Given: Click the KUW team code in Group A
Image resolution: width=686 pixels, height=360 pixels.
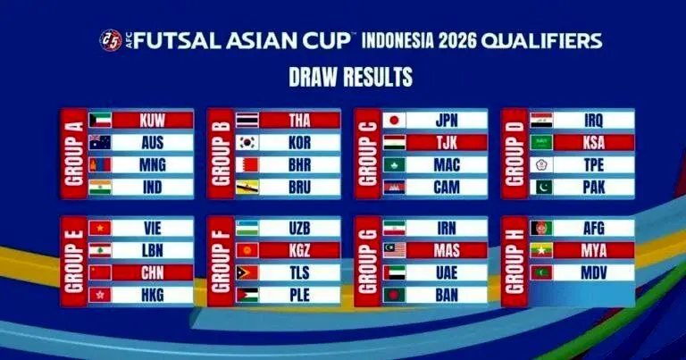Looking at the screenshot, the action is (152, 121).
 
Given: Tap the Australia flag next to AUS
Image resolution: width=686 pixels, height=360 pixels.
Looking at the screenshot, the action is (100, 143).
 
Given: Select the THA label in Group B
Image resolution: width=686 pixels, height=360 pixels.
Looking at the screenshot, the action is (299, 121).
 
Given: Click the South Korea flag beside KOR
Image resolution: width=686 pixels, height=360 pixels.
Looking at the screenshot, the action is (247, 143).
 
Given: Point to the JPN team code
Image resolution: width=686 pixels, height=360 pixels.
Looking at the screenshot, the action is (447, 121).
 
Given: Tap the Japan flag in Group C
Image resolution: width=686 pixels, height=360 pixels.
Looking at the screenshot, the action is (394, 121).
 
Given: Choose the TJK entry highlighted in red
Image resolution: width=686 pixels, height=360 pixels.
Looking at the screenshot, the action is (447, 143).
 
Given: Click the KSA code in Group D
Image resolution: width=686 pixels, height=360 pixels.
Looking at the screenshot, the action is (594, 143).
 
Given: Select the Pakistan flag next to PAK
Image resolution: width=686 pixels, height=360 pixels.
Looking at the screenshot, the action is (541, 188).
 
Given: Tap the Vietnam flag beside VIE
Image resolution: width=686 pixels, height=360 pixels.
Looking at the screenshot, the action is (100, 228).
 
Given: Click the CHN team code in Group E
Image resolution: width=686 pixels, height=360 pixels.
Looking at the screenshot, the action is (152, 273).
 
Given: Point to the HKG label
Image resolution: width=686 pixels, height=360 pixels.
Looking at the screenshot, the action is (152, 296).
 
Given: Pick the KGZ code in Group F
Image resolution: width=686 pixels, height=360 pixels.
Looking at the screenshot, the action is (299, 251).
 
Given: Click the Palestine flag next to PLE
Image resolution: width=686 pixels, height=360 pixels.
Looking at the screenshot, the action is (247, 296).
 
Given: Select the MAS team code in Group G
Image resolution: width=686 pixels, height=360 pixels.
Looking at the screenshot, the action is (447, 251).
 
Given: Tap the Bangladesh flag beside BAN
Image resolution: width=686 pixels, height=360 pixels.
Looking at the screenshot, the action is (394, 296).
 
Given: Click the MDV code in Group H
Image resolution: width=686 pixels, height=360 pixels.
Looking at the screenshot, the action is (594, 273).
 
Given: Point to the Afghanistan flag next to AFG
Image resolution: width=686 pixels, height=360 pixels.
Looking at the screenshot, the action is (541, 228).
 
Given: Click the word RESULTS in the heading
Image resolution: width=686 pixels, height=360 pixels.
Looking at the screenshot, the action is (378, 77).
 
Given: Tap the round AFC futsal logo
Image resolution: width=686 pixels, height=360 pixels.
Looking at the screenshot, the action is (111, 40).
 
